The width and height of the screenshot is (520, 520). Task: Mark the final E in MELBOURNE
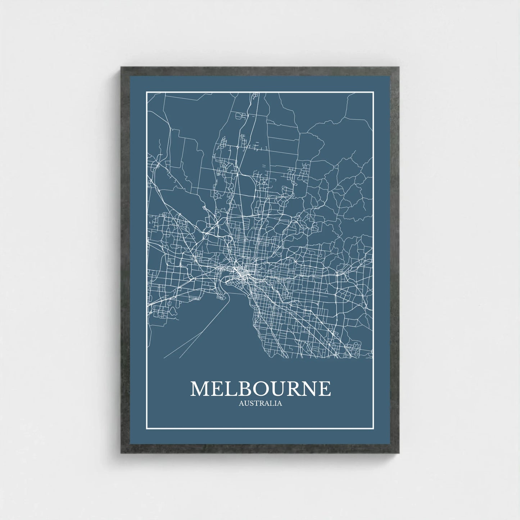[x=325, y=389]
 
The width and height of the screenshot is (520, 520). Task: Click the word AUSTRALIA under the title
[x=260, y=403]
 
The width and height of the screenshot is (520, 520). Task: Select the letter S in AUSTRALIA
[x=250, y=403]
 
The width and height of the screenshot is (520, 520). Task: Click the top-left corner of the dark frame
[x=121, y=67]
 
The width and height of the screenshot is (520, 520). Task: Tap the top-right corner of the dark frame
[x=399, y=67]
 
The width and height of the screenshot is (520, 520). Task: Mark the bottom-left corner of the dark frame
[x=121, y=453]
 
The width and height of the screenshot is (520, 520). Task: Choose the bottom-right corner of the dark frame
[x=399, y=453]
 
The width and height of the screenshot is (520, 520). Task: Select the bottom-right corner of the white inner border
[x=374, y=429]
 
